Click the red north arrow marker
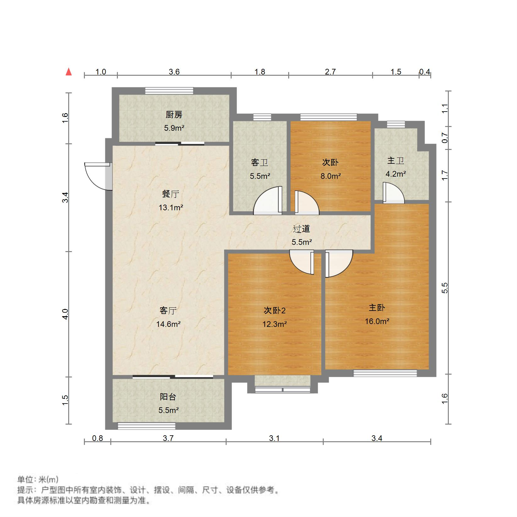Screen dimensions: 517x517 pos(69,72)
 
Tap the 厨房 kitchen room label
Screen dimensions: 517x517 pos(174,115)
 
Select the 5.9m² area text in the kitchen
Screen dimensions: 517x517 pos(174,128)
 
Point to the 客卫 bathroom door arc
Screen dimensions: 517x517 pos(267,201)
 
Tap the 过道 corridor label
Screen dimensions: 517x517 pos(301,229)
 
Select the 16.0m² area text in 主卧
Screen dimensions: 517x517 pos(377,321)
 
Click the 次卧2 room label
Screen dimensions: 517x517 pos(274,311)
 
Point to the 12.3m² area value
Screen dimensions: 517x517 pos(274,324)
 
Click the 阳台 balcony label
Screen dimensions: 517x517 pos(168,397)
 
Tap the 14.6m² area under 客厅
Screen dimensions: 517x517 pos(168,324)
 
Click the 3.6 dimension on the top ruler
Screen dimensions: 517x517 pos(174,72)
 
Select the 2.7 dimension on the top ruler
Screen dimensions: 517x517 pos(330,72)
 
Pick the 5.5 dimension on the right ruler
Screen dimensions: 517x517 pos(444,288)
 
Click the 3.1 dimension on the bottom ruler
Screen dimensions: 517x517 pos(274,438)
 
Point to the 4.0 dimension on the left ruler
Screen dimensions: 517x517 pos(65,314)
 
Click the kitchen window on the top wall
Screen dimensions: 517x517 pos(169,91)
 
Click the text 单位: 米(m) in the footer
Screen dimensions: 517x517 pos(38,480)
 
